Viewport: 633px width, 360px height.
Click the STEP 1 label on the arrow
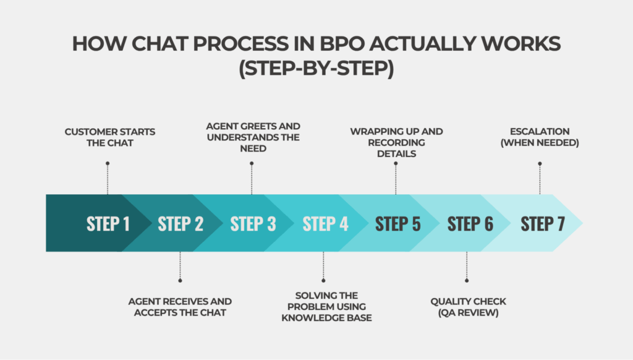click(x=108, y=224)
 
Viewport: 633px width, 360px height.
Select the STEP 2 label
click(x=181, y=224)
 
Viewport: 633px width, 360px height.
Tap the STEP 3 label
click(x=253, y=224)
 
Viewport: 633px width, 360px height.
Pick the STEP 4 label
click(x=325, y=224)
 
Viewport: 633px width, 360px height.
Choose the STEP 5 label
click(x=397, y=224)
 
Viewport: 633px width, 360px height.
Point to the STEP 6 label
click(x=470, y=224)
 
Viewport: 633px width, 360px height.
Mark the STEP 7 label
click(x=542, y=224)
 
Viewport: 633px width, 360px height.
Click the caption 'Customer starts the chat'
click(x=109, y=137)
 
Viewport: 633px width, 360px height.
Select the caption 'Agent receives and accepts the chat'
click(x=180, y=307)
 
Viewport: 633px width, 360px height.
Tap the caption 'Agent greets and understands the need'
click(x=253, y=137)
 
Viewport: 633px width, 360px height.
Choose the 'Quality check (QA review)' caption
click(x=468, y=307)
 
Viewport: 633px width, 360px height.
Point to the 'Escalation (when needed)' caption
click(x=540, y=137)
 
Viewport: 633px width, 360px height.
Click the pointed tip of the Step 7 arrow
click(x=582, y=223)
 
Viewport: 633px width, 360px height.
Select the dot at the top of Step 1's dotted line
click(x=108, y=164)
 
